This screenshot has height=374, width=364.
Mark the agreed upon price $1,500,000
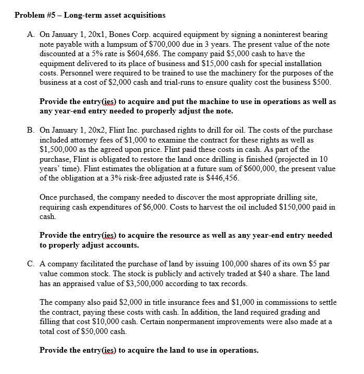tap(60, 149)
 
